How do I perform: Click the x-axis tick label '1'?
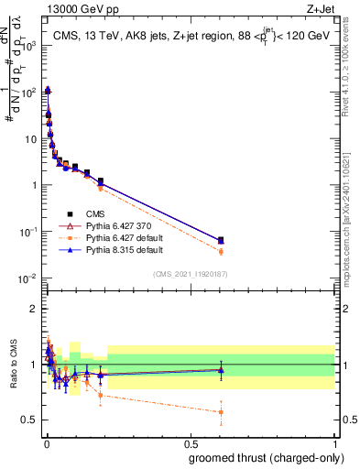[335, 443]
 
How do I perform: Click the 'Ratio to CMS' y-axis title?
[12, 365]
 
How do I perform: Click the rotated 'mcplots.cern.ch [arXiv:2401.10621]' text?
[352, 215]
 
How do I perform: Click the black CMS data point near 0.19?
[101, 181]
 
